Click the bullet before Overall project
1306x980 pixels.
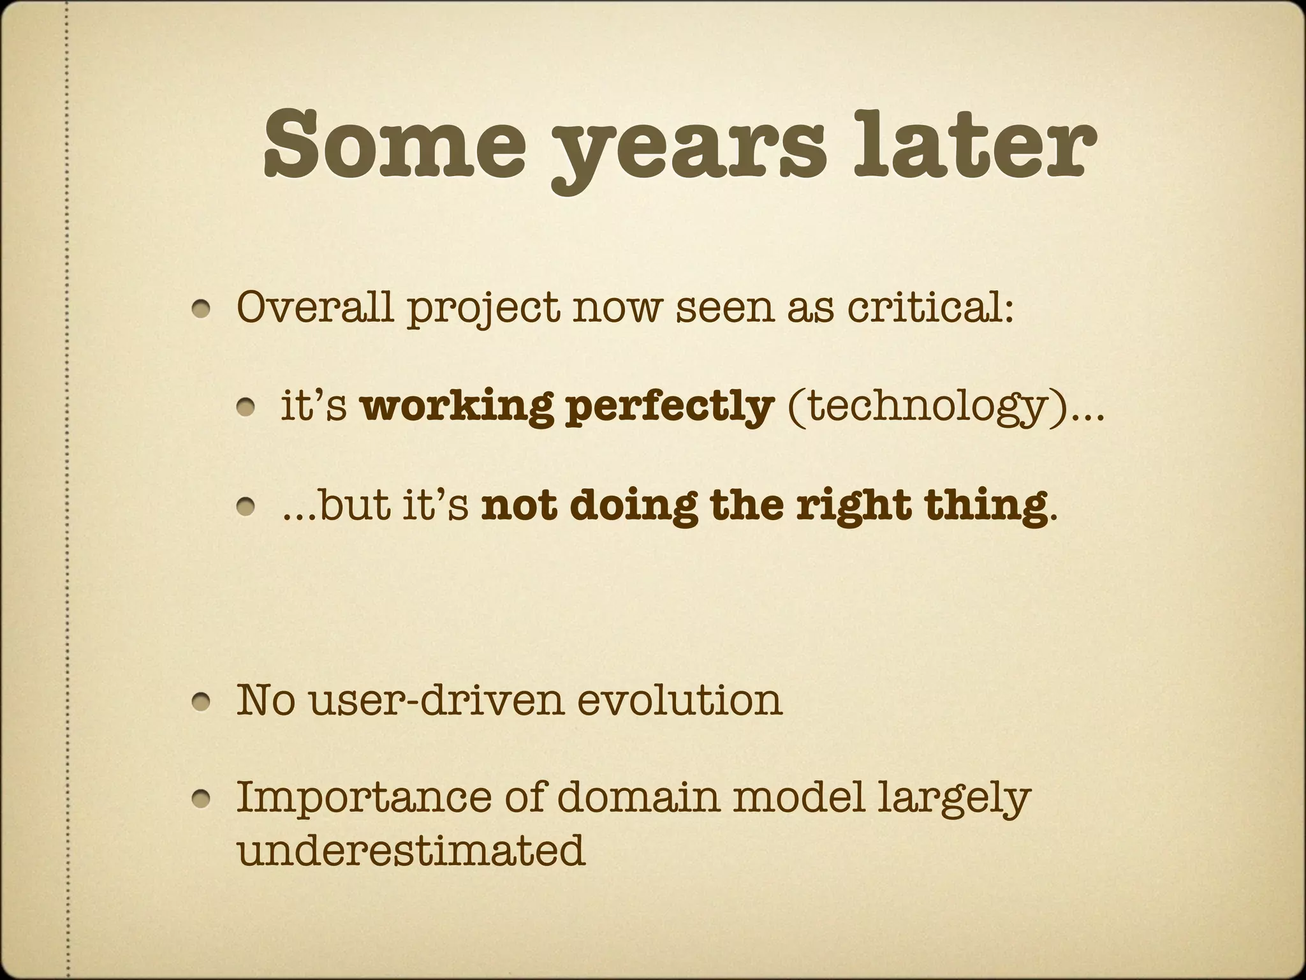(204, 310)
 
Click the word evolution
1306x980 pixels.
(680, 699)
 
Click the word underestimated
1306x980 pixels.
(411, 850)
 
